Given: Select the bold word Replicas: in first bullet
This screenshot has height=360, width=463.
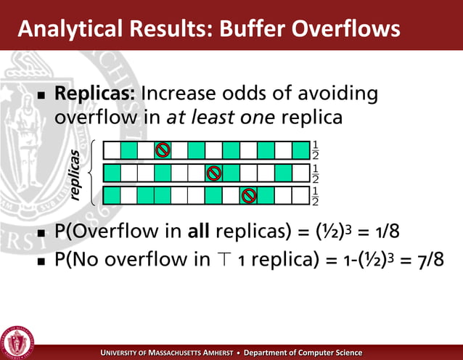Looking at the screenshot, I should click(96, 94).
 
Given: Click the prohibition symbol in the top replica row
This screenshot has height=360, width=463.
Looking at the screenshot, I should click(163, 150).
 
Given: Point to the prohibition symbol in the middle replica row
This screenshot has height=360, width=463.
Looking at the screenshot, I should click(213, 173).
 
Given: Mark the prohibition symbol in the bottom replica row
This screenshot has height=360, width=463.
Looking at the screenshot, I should click(248, 195).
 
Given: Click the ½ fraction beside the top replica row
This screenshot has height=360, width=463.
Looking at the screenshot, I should click(315, 150).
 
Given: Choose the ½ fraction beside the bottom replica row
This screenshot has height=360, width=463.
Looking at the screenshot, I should click(315, 196).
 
